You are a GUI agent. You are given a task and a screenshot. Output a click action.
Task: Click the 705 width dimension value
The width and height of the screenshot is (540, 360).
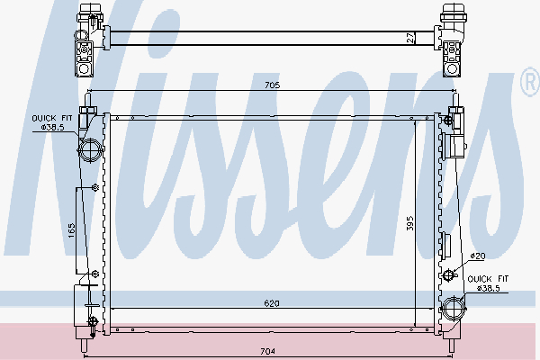tap(272, 85)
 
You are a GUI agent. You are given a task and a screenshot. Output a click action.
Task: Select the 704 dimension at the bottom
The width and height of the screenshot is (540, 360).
tap(267, 351)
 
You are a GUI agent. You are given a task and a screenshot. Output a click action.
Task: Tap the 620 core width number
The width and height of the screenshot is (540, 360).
tap(272, 303)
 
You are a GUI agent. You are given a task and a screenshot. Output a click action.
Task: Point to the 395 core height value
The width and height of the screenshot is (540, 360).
tap(409, 223)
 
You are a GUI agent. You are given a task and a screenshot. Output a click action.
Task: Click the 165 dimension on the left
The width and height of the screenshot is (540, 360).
tap(71, 230)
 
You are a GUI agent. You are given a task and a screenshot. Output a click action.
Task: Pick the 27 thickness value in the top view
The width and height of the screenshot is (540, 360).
tap(410, 38)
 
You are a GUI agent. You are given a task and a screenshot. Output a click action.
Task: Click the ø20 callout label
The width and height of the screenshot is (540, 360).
tap(478, 256)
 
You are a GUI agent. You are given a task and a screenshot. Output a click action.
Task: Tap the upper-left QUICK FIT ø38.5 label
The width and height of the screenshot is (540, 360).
tap(52, 122)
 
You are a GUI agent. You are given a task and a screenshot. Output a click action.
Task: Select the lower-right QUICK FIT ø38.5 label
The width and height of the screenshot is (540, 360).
tap(488, 283)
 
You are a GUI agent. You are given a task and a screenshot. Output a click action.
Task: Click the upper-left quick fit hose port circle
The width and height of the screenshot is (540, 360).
tap(91, 150)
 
